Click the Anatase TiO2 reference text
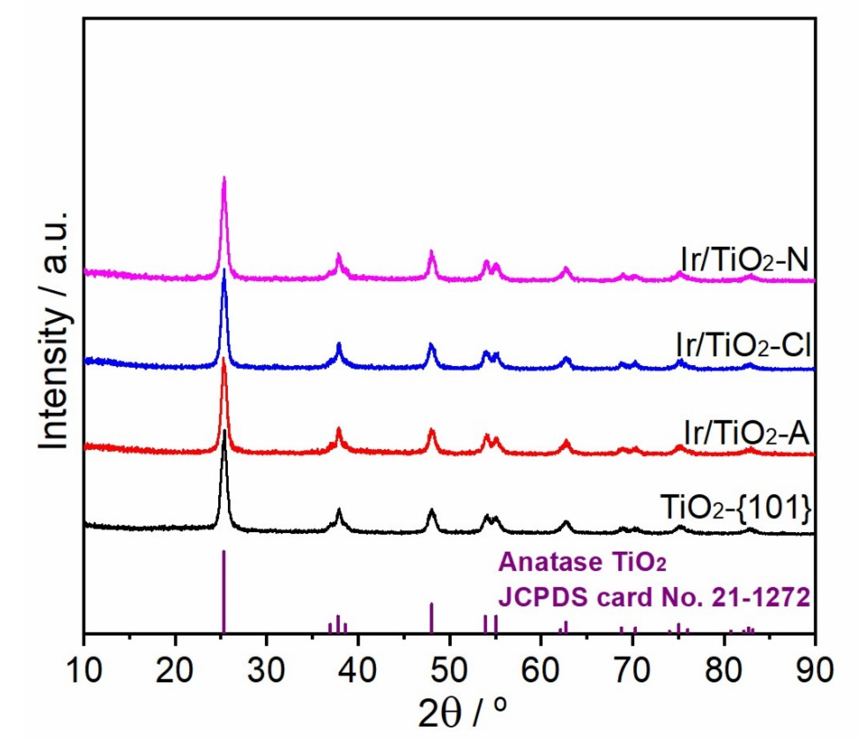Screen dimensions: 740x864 [583, 562]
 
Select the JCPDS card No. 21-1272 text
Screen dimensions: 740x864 [654, 598]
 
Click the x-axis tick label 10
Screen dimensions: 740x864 [84, 670]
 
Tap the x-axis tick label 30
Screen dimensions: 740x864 [267, 670]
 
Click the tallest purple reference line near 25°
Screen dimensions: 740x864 [224, 592]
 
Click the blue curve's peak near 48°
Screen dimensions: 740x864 [431, 344]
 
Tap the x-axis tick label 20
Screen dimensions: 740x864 [175, 670]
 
